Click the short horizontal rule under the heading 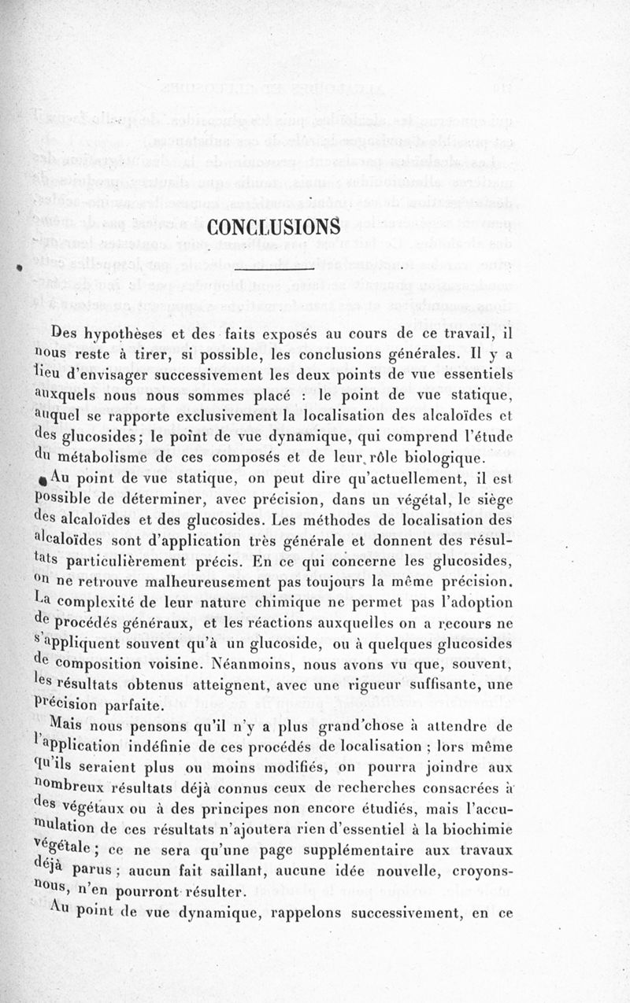[274, 270]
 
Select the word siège [494, 500]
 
